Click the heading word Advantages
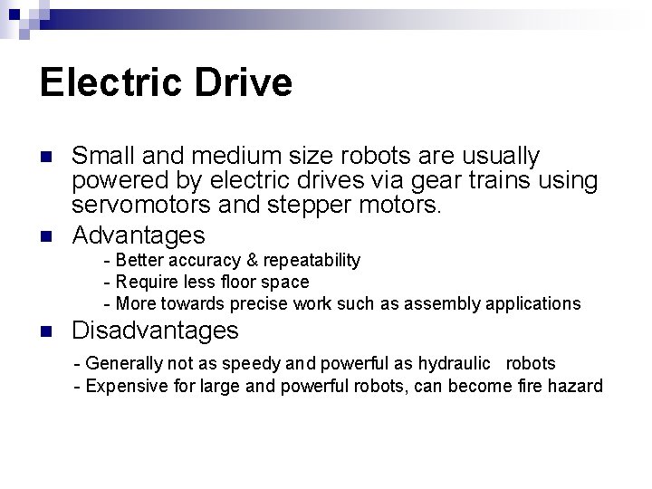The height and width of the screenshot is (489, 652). click(x=139, y=235)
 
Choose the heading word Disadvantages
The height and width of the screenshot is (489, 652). click(x=155, y=331)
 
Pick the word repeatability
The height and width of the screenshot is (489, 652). click(x=312, y=261)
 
